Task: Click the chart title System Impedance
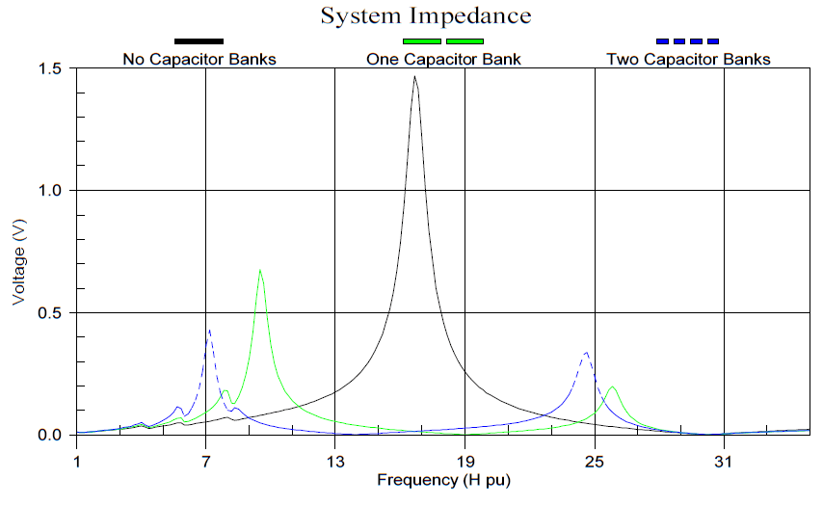(x=425, y=16)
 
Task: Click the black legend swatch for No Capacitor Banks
(x=199, y=41)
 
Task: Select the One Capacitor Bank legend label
(x=443, y=60)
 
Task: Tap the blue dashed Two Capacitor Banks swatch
(x=687, y=41)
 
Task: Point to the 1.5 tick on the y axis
(x=50, y=69)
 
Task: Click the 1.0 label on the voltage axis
(x=50, y=191)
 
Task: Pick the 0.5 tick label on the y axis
(x=50, y=313)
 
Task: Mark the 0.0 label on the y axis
(x=50, y=435)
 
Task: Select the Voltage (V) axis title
(x=18, y=262)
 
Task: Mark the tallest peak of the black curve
(x=414, y=76)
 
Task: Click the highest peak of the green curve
(x=260, y=271)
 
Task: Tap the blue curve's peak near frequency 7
(x=209, y=331)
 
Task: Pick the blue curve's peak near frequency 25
(x=586, y=353)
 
